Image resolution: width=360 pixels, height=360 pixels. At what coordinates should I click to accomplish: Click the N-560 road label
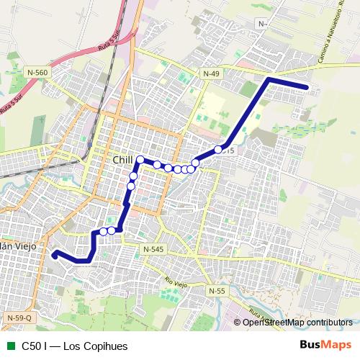37,73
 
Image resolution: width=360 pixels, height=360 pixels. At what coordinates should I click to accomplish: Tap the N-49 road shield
211,73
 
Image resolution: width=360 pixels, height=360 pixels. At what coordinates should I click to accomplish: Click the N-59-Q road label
19,318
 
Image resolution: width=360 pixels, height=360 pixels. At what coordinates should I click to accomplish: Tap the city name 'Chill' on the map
124,159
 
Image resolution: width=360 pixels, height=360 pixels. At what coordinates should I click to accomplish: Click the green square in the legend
9,345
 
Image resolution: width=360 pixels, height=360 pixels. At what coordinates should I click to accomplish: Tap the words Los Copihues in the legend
94,345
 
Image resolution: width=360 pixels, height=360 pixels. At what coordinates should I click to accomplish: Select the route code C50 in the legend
33,345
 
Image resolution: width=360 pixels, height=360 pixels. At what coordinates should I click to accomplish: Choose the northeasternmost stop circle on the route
218,150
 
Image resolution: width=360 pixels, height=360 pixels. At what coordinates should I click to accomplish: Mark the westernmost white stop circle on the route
103,231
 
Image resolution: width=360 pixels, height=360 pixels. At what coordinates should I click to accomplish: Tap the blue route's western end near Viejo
55,253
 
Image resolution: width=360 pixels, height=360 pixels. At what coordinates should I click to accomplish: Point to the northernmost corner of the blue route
269,78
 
